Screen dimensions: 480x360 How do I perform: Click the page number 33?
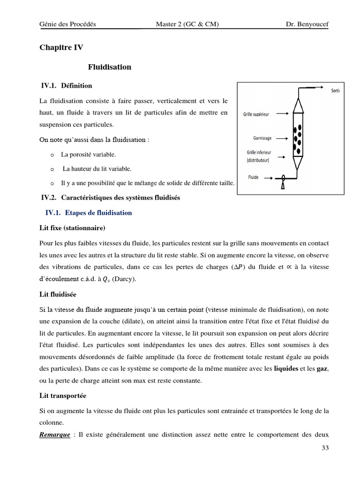coord(325,448)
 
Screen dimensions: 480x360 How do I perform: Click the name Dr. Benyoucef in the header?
coord(307,24)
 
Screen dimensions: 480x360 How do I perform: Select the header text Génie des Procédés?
coord(68,24)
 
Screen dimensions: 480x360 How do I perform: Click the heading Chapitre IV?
coord(61,47)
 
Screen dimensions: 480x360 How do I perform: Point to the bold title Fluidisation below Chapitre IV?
coord(110,67)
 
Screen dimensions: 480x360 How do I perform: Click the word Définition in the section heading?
coord(76,85)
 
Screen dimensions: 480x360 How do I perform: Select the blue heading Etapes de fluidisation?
coord(98,213)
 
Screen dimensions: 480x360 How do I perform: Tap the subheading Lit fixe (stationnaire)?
coord(73,228)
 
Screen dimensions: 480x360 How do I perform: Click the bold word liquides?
coord(286,368)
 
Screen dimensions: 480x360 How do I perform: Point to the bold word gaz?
coord(322,368)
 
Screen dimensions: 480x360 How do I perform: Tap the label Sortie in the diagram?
coord(335,91)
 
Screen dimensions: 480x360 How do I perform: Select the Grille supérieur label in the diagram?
coord(256,114)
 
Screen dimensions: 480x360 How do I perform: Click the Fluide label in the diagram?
coord(254,177)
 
